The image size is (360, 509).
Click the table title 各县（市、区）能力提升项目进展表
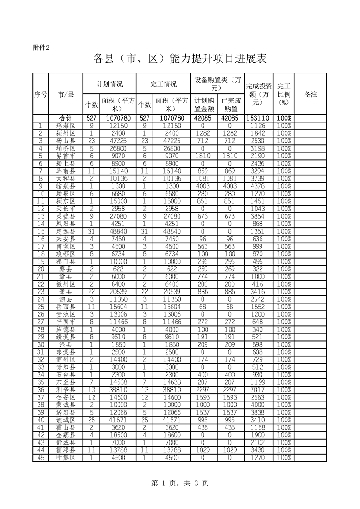[x=179, y=59]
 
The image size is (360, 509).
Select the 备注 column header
[x=311, y=94]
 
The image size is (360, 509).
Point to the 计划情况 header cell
[x=110, y=84]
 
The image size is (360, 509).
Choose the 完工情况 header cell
[x=163, y=84]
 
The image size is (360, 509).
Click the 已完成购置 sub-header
[x=231, y=105]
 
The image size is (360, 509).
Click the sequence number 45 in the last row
[x=40, y=457]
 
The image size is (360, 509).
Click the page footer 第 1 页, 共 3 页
[x=179, y=483]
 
